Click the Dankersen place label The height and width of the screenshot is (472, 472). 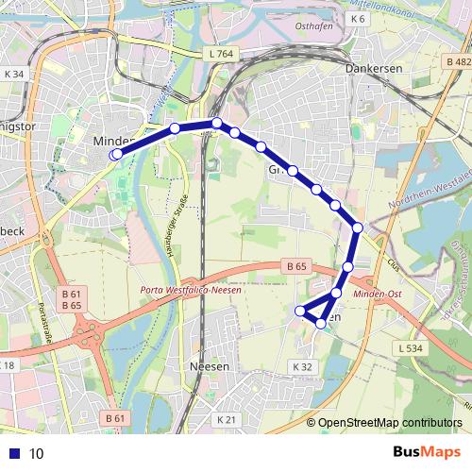[374, 69]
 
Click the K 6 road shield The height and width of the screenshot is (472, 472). [357, 19]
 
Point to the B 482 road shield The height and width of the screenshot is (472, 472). [456, 59]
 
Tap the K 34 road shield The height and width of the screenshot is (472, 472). [14, 75]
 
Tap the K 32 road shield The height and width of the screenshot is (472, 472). [301, 366]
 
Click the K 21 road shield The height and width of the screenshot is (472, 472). [227, 419]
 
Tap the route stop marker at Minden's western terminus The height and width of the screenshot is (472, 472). [116, 154]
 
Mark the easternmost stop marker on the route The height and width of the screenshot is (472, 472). [358, 227]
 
